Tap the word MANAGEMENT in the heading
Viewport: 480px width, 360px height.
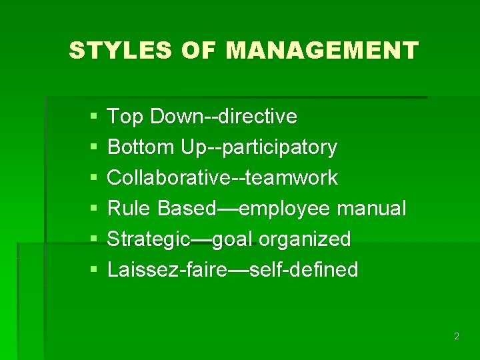[x=322, y=51]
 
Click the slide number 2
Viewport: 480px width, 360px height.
[x=456, y=337]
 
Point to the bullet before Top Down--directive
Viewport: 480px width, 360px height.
[x=93, y=117]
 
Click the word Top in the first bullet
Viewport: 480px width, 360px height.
[x=126, y=117]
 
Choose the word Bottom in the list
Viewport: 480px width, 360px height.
[x=141, y=147]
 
